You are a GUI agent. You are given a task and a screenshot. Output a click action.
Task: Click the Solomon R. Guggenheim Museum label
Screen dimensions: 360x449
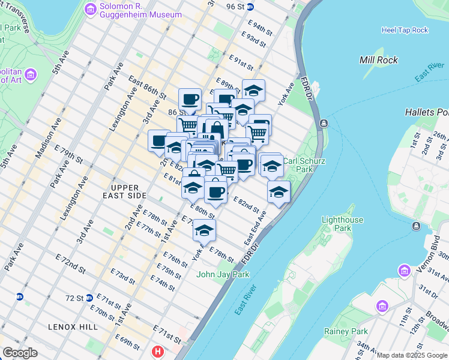point(139,10)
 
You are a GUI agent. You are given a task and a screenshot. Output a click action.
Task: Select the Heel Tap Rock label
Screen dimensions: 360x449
point(405,30)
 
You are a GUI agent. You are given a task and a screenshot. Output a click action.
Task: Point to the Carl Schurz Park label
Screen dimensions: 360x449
point(298,165)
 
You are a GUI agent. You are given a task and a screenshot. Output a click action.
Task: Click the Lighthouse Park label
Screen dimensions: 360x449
point(342,224)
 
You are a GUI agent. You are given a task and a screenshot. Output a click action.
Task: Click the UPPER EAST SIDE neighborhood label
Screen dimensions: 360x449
point(128,192)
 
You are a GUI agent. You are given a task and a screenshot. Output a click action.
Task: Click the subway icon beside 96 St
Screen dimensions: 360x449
point(251,7)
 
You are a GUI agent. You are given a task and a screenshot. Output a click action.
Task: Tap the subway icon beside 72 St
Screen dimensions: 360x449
point(89,298)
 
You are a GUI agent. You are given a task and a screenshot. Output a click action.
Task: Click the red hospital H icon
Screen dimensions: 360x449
point(158,352)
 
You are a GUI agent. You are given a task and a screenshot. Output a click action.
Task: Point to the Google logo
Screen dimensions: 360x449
point(20,353)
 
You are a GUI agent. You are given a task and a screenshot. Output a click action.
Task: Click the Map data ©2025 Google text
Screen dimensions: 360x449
point(412,355)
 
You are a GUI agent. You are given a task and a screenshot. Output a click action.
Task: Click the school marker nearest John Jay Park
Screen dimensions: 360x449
point(204,230)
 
